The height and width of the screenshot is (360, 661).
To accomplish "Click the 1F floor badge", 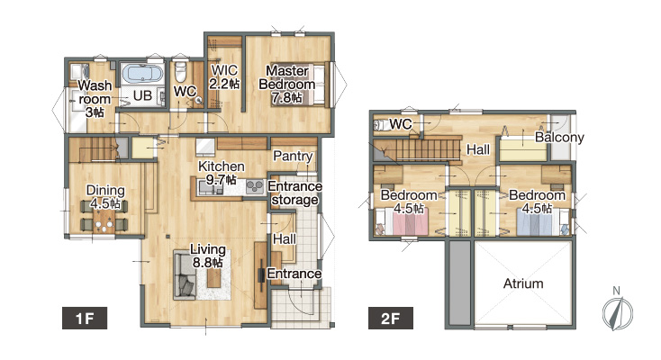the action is [85, 318].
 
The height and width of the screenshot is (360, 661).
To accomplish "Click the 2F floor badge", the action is [390, 318].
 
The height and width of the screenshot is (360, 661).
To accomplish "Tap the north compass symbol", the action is [617, 310].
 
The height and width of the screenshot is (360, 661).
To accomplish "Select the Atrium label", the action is [523, 283].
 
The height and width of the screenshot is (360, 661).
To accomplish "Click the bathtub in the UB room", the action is [142, 74].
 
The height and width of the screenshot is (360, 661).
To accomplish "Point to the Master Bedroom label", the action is [286, 84].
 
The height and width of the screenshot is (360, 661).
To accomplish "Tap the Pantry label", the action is [293, 156].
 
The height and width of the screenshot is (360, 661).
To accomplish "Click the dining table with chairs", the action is [104, 219].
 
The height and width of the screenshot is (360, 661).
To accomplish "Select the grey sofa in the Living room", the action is [186, 274].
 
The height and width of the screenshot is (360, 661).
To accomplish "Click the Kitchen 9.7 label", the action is [221, 173].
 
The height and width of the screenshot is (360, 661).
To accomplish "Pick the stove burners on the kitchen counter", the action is [254, 186].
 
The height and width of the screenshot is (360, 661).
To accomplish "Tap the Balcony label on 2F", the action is [559, 137].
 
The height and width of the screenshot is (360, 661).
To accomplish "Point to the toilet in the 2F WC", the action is [380, 124].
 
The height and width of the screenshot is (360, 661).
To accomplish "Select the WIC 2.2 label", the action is [225, 76].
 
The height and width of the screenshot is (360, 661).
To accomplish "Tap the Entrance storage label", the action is [294, 193].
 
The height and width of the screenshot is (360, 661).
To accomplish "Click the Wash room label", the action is [95, 99].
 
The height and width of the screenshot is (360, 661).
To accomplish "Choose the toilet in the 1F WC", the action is [180, 72].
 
